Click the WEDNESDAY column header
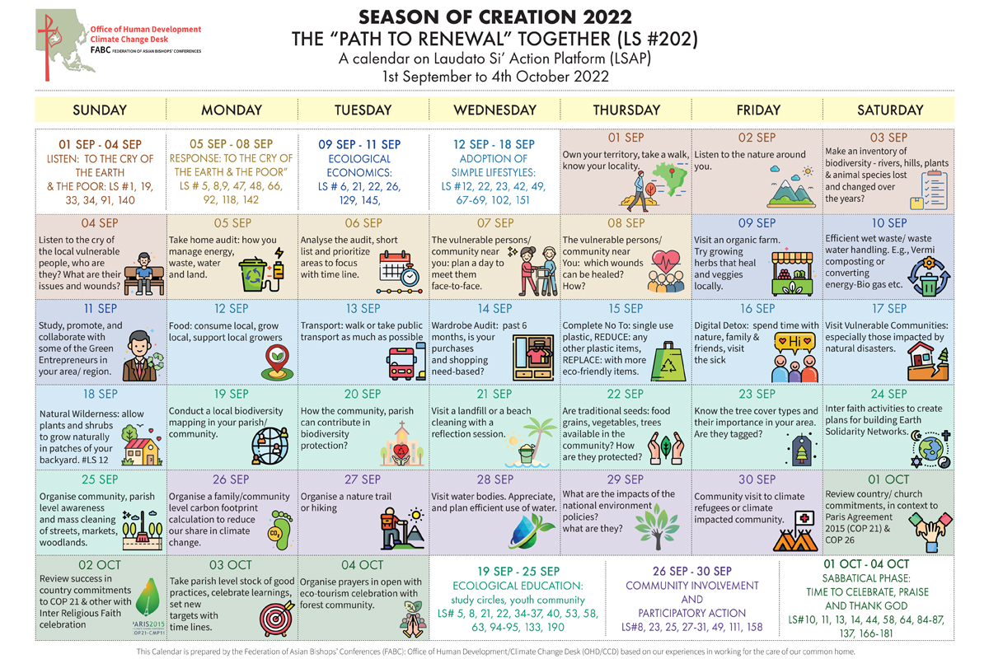pyautogui.click(x=495, y=110)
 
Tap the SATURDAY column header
pyautogui.click(x=890, y=110)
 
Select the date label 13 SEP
pyautogui.click(x=363, y=309)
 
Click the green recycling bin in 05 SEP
pyautogui.click(x=252, y=275)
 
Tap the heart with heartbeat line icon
pyautogui.click(x=666, y=261)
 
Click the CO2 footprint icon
pyautogui.click(x=280, y=530)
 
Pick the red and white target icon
pyautogui.click(x=277, y=618)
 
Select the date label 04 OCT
pyautogui.click(x=362, y=565)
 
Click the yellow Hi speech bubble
pyautogui.click(x=794, y=343)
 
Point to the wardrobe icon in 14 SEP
pyautogui.click(x=533, y=358)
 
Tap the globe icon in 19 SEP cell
pyautogui.click(x=270, y=446)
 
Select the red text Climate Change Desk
pyautogui.click(x=129, y=40)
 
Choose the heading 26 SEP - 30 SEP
pyautogui.click(x=692, y=571)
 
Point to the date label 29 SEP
pyautogui.click(x=626, y=479)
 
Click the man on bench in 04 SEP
pyautogui.click(x=144, y=274)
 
